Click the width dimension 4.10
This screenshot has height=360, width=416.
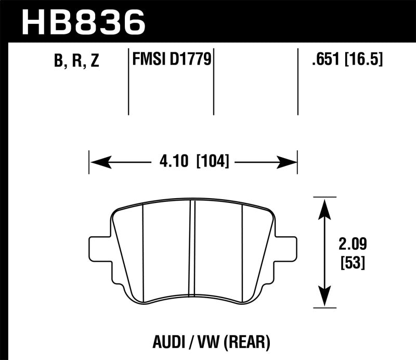point(172,161)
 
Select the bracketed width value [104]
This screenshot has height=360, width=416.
point(212,161)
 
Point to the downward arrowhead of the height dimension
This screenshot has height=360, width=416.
point(325,300)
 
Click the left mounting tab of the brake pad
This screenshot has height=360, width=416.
point(99,249)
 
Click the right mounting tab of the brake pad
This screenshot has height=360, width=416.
point(288,249)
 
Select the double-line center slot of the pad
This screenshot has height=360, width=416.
point(192,249)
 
